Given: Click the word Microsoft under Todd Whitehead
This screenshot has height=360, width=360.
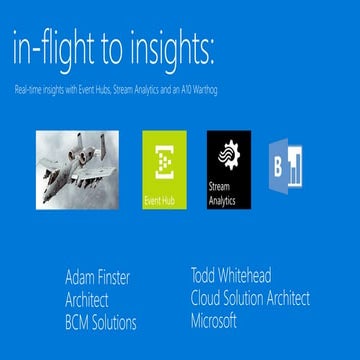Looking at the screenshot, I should [213, 320].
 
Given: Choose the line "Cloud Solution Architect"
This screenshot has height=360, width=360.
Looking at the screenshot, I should [250, 297].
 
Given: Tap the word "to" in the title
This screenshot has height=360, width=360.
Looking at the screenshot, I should [113, 48].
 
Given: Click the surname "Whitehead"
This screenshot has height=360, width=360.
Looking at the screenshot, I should [251, 273].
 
